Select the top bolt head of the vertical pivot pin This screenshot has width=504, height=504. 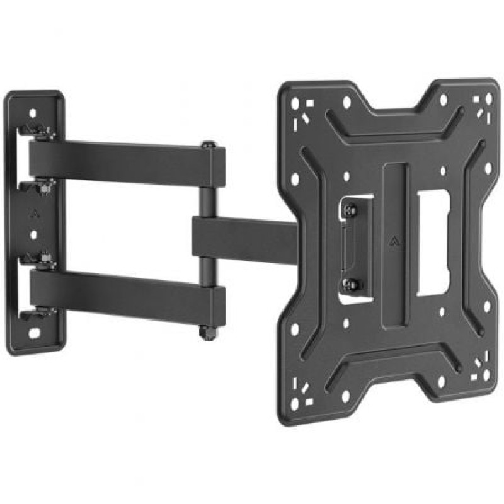tap(207, 146)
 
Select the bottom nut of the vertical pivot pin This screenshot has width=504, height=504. tap(205, 331)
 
